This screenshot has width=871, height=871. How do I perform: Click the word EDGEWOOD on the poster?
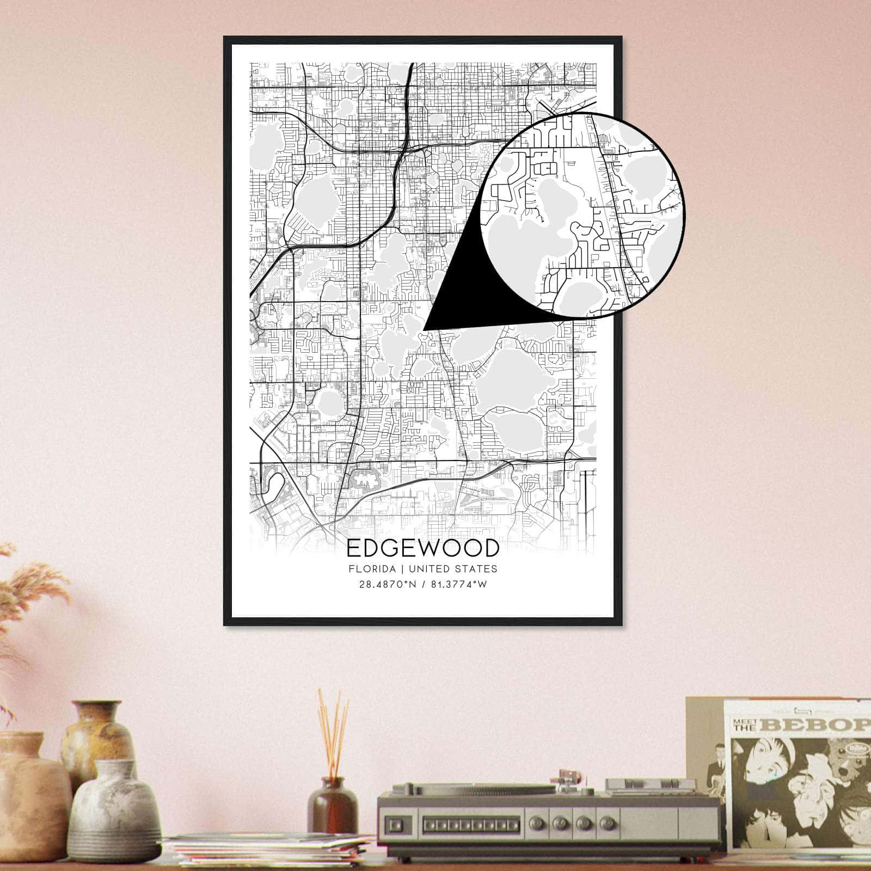[x=422, y=548]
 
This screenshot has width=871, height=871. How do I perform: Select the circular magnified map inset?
[x=582, y=213]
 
